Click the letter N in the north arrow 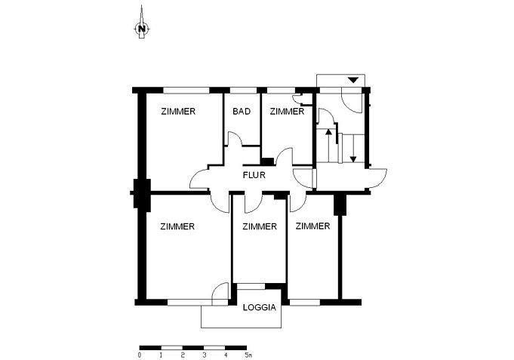pos(141,29)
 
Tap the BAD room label pos(242,112)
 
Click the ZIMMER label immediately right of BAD pos(287,112)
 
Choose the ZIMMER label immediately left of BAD pos(178,112)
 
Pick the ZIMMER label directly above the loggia pos(259,226)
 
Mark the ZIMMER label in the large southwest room pos(178,226)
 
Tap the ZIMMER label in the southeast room pos(312,226)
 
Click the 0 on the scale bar pos(140,354)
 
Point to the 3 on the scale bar pos(204,354)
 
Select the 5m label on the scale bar pos(248,354)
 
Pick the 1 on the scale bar pos(162,354)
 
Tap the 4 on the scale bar pos(226,354)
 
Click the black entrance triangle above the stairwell pos(352,80)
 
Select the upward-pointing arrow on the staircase pos(328,134)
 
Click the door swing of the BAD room pos(235,140)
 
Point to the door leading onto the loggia pos(220,294)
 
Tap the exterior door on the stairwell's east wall pos(378,178)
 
